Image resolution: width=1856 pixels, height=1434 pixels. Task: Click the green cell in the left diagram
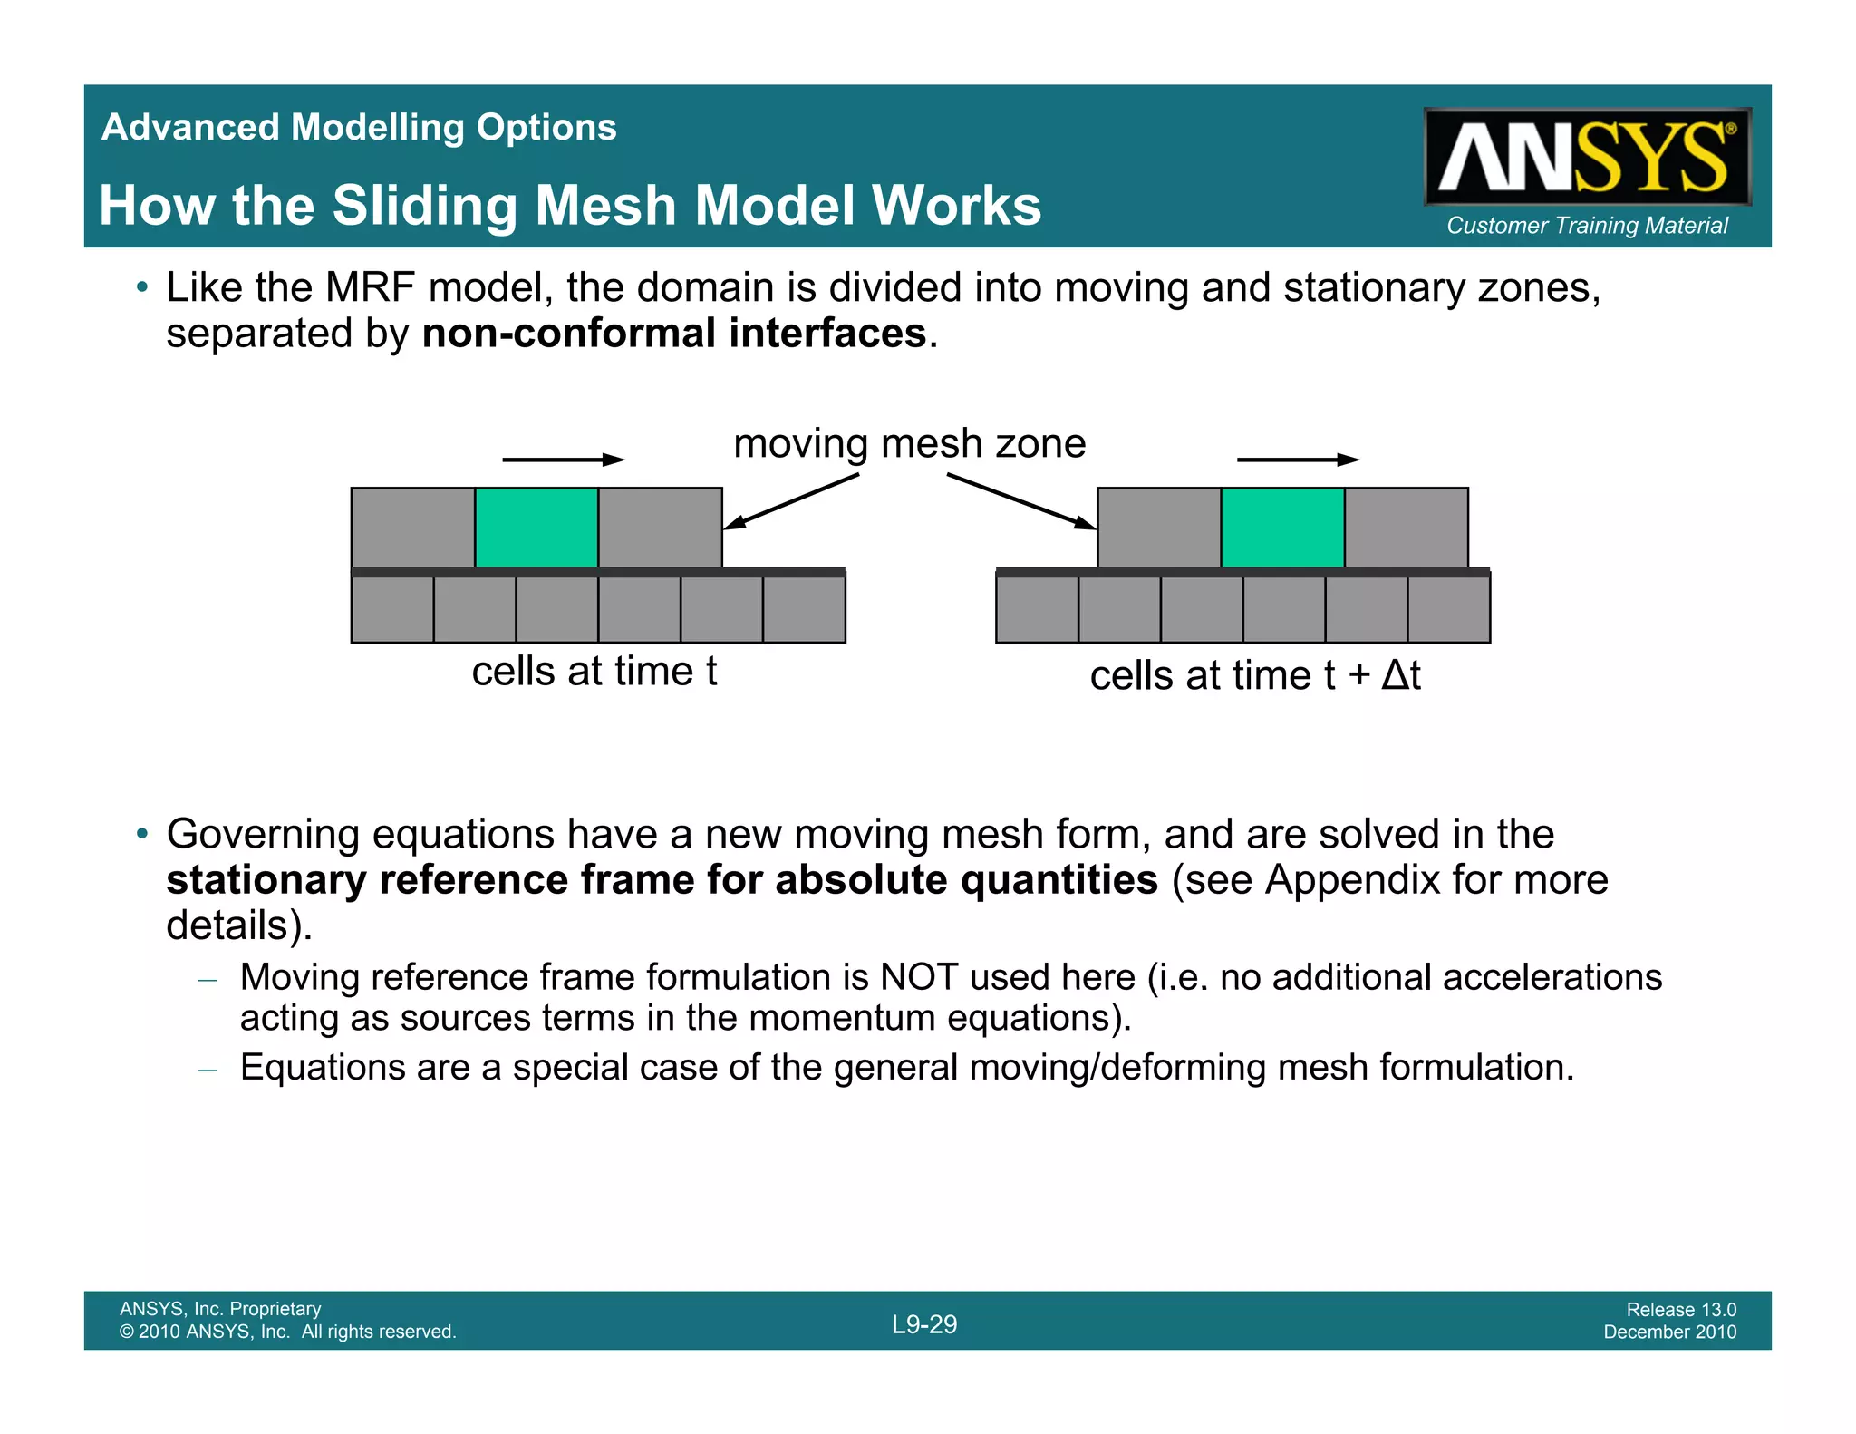536,527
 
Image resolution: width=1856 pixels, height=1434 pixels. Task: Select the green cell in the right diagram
1282,527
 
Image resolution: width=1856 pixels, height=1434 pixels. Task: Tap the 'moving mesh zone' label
909,444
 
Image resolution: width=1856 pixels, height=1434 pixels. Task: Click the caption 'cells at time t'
594,672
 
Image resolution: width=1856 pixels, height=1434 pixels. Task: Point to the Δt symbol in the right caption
1400,675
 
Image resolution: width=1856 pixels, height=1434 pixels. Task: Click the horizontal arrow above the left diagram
563,460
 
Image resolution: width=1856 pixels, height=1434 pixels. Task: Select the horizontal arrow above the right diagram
1298,460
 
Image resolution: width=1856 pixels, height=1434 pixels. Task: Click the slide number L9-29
923,1324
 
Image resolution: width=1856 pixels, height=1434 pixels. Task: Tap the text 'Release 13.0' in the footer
1681,1309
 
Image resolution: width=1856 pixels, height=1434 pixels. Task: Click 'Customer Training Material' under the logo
1587,226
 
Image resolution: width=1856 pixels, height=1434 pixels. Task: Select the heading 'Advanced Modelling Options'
359,127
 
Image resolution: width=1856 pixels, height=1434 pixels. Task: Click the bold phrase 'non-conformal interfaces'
674,334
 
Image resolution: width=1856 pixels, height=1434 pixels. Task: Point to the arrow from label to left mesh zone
791,501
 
